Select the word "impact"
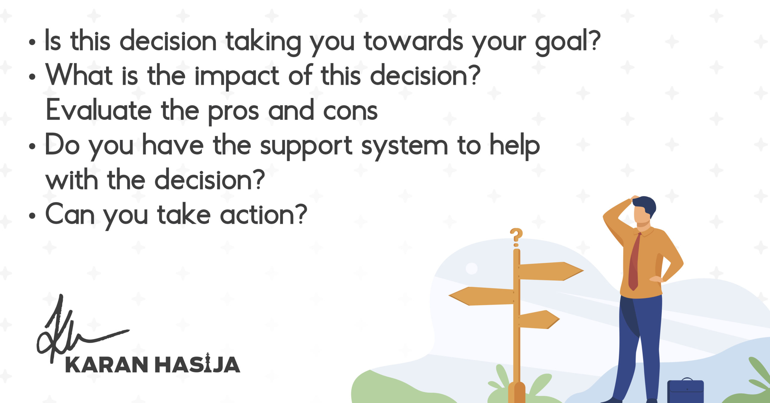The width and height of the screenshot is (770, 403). (237, 76)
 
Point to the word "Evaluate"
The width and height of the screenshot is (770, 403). (99, 109)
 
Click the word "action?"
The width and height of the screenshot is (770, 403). (263, 214)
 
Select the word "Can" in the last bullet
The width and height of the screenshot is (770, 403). (70, 214)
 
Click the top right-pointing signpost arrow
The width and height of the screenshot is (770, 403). (551, 271)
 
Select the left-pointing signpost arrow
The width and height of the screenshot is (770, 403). (481, 296)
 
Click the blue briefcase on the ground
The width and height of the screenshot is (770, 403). (685, 390)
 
